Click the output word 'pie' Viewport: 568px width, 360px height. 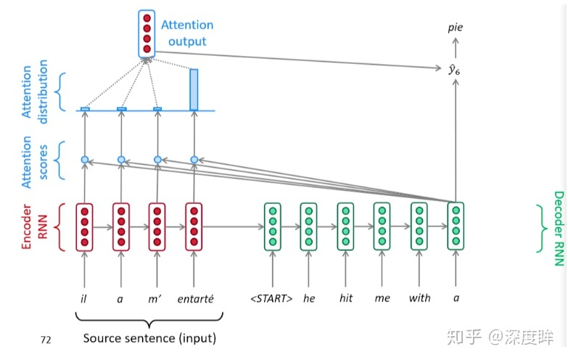[455, 28]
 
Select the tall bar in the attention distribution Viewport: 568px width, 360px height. [194, 89]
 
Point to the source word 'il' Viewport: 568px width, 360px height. [84, 298]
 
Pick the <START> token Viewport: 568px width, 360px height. [273, 298]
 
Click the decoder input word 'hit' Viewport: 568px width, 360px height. [346, 298]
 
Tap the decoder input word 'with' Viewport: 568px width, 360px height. [419, 298]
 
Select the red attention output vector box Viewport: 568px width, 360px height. [147, 33]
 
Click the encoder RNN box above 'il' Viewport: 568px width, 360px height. [85, 227]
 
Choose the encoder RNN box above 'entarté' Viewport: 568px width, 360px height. [194, 227]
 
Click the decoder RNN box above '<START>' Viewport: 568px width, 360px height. [273, 227]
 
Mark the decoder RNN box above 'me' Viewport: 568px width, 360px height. [382, 227]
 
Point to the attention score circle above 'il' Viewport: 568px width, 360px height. [85, 159]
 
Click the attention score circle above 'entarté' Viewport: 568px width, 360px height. [194, 159]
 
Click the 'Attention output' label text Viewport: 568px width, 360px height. [187, 33]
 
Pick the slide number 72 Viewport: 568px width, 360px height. [47, 339]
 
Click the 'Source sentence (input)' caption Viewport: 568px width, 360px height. [149, 338]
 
